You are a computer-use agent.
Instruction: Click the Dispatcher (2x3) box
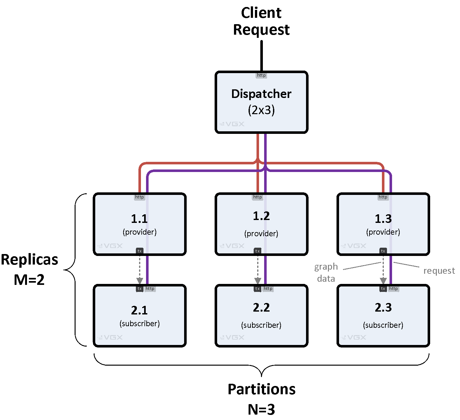(x=261, y=102)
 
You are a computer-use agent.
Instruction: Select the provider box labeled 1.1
(x=139, y=224)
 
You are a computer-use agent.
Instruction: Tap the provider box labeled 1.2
(x=261, y=224)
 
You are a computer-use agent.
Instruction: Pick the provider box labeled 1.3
(x=383, y=224)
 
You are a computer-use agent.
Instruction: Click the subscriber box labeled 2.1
(x=139, y=316)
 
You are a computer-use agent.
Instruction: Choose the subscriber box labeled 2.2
(x=261, y=316)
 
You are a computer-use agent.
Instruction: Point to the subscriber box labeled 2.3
(x=383, y=316)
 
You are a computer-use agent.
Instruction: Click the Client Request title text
(x=261, y=21)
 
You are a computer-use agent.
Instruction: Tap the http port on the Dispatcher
(x=261, y=75)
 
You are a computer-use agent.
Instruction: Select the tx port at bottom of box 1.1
(x=139, y=251)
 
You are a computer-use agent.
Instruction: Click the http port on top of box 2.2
(x=268, y=289)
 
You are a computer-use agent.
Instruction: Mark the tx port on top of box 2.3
(x=383, y=289)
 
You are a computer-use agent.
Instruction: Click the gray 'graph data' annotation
(x=326, y=272)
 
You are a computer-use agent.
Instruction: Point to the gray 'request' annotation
(x=439, y=271)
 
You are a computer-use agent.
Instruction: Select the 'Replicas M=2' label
(x=30, y=270)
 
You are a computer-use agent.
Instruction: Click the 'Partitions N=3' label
(x=261, y=399)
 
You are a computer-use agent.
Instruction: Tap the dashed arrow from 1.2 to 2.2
(x=257, y=267)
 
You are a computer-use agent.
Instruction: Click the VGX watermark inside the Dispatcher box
(x=232, y=124)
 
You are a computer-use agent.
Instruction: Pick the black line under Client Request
(x=262, y=56)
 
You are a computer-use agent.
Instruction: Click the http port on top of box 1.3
(x=383, y=197)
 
